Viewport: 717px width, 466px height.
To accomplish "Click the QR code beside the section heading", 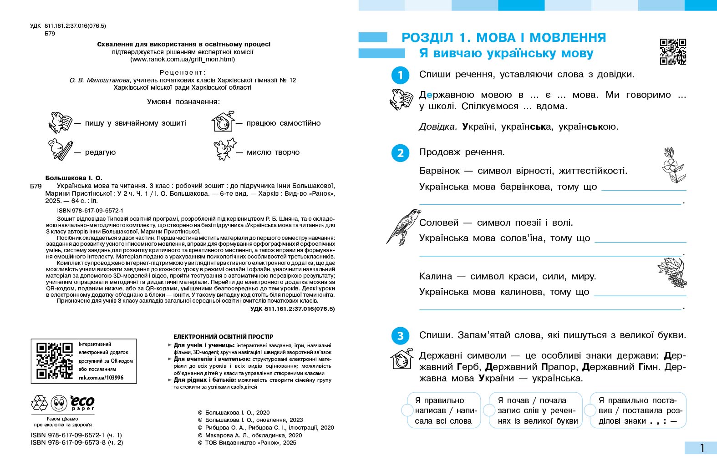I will [x=673, y=51].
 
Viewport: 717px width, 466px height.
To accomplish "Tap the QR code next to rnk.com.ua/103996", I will [x=55, y=360].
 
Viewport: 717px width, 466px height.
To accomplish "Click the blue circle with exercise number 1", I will [x=400, y=75].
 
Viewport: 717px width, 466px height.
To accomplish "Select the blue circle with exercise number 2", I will [x=400, y=153].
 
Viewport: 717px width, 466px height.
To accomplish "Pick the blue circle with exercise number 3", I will [x=400, y=336].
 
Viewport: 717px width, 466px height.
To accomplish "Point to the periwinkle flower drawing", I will [x=673, y=165].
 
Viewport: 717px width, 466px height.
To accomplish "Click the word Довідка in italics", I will [x=437, y=127].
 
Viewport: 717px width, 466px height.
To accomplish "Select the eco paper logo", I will [x=82, y=403].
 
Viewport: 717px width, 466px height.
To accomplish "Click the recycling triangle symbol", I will [x=39, y=403].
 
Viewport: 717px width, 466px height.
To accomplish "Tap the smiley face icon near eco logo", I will [x=59, y=403].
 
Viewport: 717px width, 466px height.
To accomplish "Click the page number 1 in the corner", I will [x=702, y=448].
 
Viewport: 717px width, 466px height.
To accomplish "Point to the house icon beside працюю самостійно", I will [x=223, y=122].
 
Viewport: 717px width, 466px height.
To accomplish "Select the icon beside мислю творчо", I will [x=224, y=149].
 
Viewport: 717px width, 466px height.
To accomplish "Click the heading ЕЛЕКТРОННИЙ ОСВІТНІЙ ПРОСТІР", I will [x=223, y=337].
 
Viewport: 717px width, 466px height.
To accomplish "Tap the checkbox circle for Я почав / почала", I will [x=489, y=410].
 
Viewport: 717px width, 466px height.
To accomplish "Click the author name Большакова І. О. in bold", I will [x=74, y=178].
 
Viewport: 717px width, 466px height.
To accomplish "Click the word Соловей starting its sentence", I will [x=438, y=223].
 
